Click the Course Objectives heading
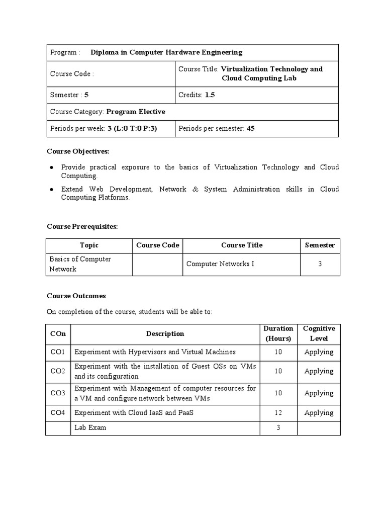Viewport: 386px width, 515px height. pos(78,151)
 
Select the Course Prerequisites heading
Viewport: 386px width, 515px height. pos(82,227)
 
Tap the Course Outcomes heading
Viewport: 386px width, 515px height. pos(76,296)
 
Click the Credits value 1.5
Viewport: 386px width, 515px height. pos(210,95)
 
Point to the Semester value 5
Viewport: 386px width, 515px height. pos(86,95)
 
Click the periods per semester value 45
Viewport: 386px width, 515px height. pos(250,129)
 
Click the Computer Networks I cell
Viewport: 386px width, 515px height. pos(220,264)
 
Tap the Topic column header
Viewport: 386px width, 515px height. pos(89,245)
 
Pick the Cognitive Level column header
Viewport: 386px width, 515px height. pos(319,333)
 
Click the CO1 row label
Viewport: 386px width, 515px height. pos(58,352)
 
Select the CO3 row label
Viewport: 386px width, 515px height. pos(58,393)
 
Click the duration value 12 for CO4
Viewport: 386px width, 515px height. pos(278,413)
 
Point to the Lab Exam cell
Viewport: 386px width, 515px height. pos(90,428)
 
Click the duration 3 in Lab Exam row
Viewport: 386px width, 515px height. pos(278,428)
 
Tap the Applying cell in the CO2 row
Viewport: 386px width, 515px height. pos(319,371)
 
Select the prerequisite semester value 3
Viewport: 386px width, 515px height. pos(320,264)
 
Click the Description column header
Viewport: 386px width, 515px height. pos(165,333)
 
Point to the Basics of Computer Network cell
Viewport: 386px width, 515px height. pos(80,264)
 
